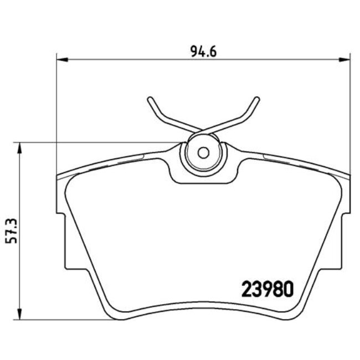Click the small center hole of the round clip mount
point(203,152)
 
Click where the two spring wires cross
point(203,130)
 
